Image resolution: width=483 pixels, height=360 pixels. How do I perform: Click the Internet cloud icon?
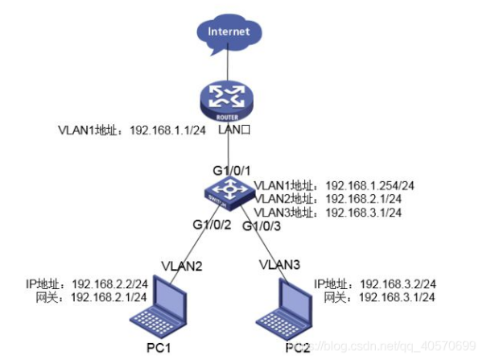coord(228,34)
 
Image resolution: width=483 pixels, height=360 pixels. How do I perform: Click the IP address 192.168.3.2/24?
coord(398,284)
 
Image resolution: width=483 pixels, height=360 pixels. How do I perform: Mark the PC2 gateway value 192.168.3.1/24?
coord(398,297)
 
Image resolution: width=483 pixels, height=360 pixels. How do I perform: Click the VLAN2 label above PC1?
coord(180,264)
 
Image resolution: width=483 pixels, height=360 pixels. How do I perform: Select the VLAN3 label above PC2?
coord(279,263)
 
